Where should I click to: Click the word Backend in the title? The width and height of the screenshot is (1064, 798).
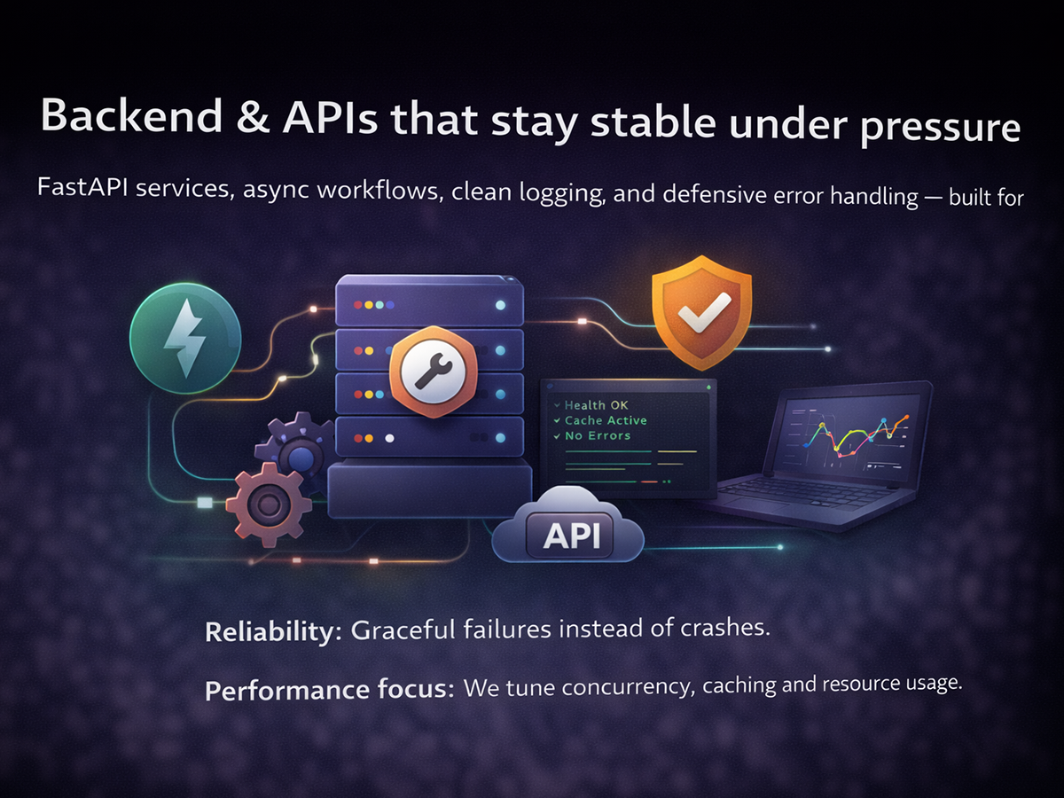[131, 115]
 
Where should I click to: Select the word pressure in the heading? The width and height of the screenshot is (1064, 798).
[941, 128]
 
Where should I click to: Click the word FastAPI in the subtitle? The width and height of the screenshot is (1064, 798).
[82, 187]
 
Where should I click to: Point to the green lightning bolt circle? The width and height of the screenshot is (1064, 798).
[185, 338]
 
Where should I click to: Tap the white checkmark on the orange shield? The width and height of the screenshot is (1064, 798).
[703, 311]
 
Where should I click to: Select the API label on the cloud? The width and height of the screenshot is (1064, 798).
[572, 536]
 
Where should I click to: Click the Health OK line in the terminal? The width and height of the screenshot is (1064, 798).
[591, 405]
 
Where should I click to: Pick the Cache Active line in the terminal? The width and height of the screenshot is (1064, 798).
[600, 420]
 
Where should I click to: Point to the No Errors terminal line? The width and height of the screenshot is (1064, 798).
[592, 435]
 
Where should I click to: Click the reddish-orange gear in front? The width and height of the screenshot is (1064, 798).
[268, 505]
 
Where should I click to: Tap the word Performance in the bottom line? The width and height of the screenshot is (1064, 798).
[286, 690]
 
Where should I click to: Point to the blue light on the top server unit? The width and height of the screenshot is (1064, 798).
[500, 305]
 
